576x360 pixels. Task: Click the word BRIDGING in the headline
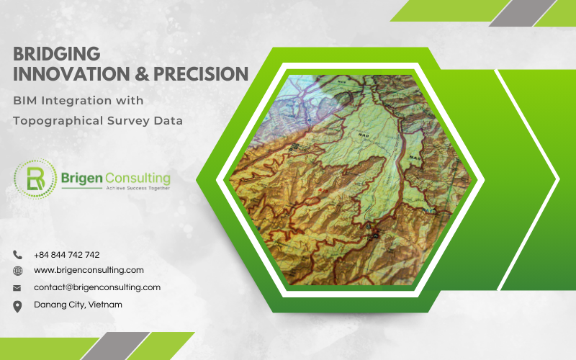click(x=56, y=54)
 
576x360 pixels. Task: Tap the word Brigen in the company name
click(x=83, y=177)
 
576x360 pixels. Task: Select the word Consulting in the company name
click(x=138, y=177)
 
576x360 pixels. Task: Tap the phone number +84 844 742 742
click(x=67, y=255)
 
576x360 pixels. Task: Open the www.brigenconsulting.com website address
click(x=89, y=270)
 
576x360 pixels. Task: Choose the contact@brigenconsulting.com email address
click(x=96, y=287)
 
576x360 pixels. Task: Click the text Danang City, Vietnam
click(x=78, y=305)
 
